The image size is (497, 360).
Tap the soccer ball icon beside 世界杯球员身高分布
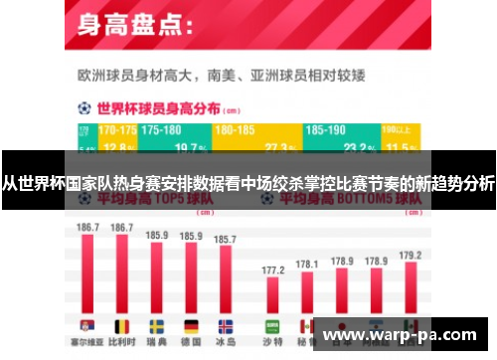(x=84, y=107)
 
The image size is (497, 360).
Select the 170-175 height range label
(x=117, y=130)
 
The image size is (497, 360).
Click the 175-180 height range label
(x=161, y=130)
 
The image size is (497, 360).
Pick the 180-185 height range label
(x=235, y=130)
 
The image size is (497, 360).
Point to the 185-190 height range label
(x=327, y=130)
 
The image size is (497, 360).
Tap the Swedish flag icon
(x=157, y=326)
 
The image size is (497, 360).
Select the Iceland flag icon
(x=226, y=326)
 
